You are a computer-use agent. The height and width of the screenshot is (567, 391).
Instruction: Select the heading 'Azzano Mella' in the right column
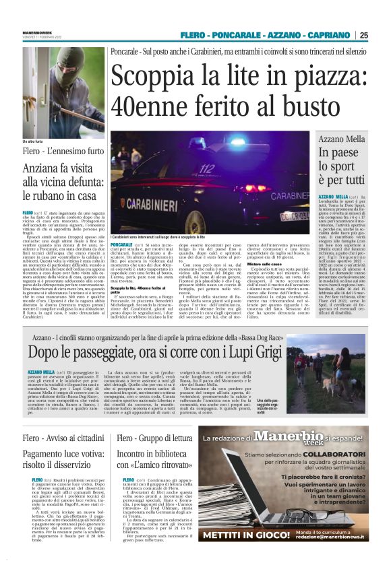coord(342,139)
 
